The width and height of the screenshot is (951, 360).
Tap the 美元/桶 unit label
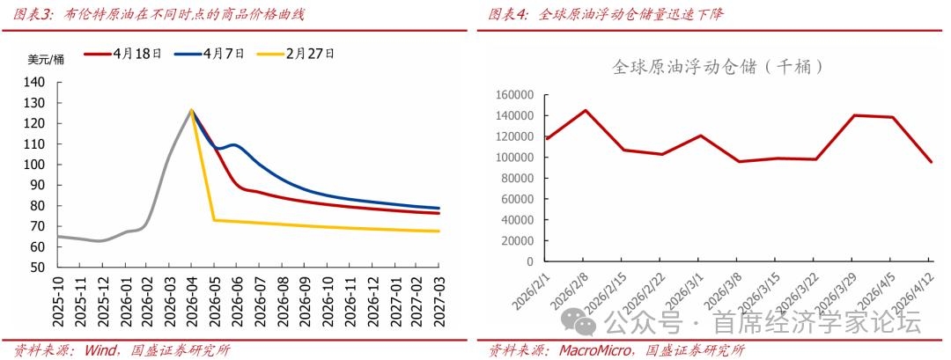click(x=46, y=60)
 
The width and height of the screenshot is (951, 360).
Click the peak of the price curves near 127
click(x=191, y=110)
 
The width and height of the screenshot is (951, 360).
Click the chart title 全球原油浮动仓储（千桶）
click(x=718, y=67)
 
